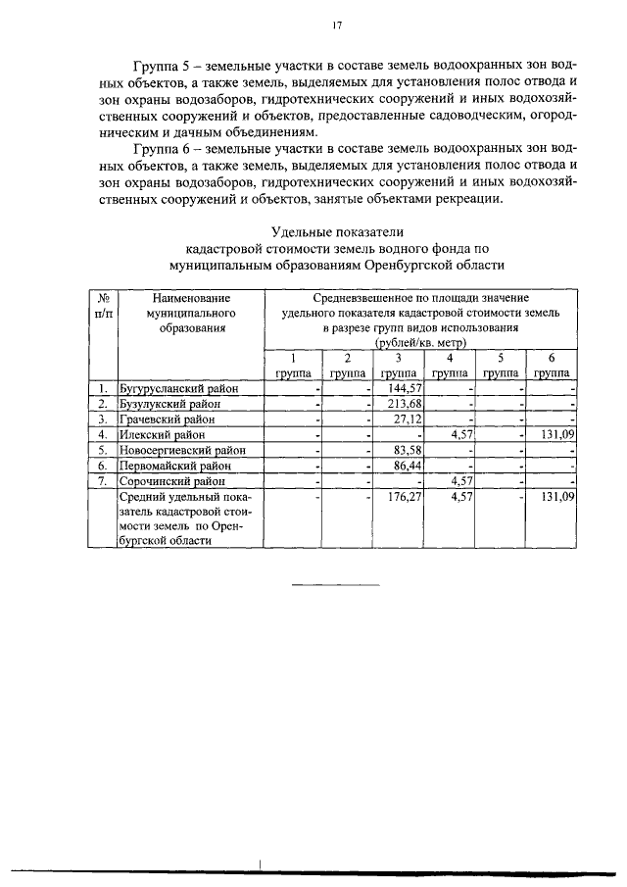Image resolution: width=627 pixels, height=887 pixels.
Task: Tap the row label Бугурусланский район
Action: [178, 389]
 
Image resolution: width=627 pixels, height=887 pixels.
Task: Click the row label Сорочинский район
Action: [169, 481]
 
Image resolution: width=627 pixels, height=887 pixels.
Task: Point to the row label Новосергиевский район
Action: [181, 450]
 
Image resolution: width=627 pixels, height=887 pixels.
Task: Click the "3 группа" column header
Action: [398, 366]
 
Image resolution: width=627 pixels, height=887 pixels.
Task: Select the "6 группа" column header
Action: [552, 366]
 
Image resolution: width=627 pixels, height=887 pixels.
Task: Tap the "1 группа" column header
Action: [291, 366]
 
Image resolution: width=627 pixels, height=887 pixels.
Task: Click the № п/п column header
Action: [102, 304]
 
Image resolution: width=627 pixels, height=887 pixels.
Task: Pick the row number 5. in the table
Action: [102, 450]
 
